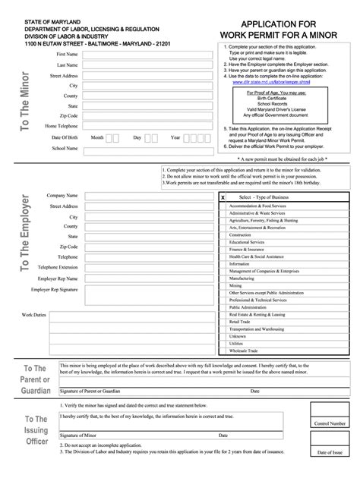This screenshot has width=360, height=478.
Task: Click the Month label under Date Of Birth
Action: [97, 137]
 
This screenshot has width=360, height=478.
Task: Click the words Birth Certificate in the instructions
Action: [286, 97]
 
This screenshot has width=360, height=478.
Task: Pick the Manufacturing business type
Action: [242, 278]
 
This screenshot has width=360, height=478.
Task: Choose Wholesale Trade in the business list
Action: [244, 351]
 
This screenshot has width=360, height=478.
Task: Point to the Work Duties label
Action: [34, 314]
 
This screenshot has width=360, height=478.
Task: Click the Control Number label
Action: [330, 423]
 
